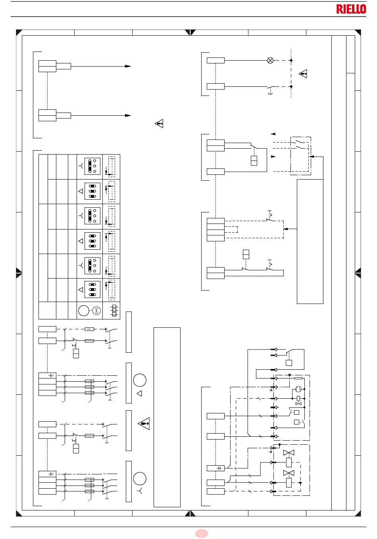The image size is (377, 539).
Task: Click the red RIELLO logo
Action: pos(351,9)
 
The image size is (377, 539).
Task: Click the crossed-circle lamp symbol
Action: pos(270,60)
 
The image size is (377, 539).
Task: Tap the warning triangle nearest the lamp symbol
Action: pos(303,73)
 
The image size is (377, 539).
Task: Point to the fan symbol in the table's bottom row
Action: pos(96,311)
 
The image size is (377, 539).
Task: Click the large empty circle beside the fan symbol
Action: pos(84,311)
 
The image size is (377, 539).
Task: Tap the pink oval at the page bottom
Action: pos(201,533)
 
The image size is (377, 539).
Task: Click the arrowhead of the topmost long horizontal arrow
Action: pos(128,66)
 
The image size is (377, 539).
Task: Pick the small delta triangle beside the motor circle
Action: pos(139,394)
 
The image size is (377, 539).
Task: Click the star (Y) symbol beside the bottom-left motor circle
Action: pos(139,491)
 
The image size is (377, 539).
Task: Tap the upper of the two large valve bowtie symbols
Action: pos(289,453)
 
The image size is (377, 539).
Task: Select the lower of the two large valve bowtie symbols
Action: pos(289,473)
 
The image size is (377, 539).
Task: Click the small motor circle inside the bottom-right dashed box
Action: pos(298,389)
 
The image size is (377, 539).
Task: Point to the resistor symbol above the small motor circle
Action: pos(298,378)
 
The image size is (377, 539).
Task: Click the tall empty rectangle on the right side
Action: pos(310,241)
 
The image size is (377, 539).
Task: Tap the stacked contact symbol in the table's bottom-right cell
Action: pos(114,311)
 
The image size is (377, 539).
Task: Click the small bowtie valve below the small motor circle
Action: pos(298,403)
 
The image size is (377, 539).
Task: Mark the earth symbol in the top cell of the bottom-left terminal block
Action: pos(52,474)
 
